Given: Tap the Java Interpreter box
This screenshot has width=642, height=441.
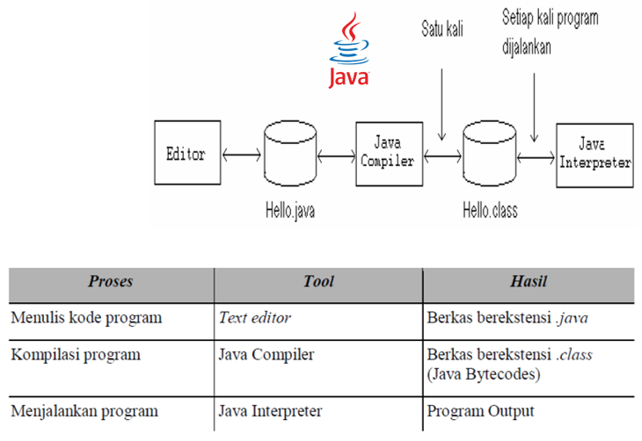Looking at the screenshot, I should pyautogui.click(x=595, y=155).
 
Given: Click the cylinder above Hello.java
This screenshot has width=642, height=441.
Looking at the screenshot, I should pyautogui.click(x=289, y=155).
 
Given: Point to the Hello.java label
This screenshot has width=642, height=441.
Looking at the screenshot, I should pyautogui.click(x=292, y=211).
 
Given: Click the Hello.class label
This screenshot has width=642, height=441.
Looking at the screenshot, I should pyautogui.click(x=490, y=211).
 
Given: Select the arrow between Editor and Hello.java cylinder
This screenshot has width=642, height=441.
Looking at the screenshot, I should pyautogui.click(x=242, y=156).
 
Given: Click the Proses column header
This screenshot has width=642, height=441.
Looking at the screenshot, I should pyautogui.click(x=111, y=282).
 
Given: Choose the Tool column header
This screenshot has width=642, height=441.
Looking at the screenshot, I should pyautogui.click(x=318, y=282).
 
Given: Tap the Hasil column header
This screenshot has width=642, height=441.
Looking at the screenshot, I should pyautogui.click(x=529, y=282).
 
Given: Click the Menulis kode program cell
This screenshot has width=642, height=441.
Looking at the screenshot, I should pyautogui.click(x=86, y=318).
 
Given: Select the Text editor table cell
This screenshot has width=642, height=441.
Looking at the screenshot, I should pyautogui.click(x=254, y=318).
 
